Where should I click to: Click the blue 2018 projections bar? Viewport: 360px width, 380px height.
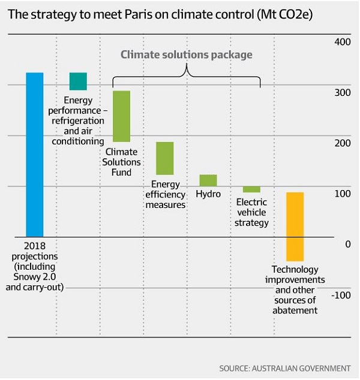(34, 154)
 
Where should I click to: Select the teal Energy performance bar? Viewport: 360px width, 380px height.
(78, 81)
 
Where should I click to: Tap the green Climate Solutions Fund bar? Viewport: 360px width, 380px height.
(122, 116)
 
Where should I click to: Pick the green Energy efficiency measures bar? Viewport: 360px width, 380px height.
(165, 158)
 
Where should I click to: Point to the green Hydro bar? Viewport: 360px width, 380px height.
(208, 180)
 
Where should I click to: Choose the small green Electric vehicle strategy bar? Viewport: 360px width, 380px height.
(251, 189)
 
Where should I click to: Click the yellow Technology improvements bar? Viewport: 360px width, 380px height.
(295, 227)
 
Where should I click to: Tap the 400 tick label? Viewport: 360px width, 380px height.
(342, 42)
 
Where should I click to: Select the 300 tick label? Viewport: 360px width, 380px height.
(342, 93)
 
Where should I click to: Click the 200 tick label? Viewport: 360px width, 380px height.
(342, 143)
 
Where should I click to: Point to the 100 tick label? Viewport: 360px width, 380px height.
(342, 194)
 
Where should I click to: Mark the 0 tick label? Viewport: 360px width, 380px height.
(347, 245)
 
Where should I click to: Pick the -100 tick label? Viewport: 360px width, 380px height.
(340, 295)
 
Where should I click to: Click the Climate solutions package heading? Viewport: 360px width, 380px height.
(187, 55)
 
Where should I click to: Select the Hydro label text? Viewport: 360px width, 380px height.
(208, 194)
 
